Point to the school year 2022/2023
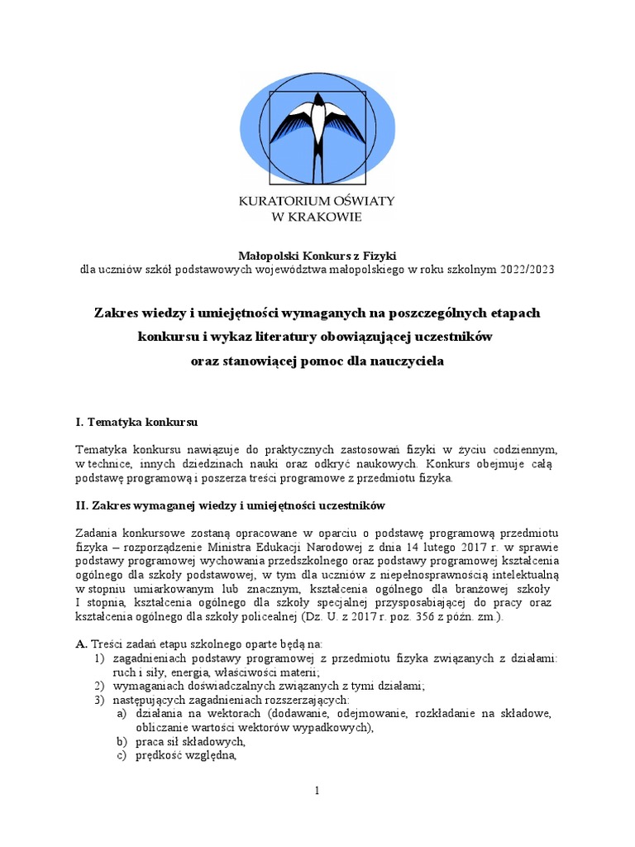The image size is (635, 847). tap(527, 270)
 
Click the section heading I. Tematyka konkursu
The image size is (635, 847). tap(136, 423)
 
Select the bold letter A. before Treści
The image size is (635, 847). tap(81, 643)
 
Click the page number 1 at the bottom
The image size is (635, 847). tap(317, 792)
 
